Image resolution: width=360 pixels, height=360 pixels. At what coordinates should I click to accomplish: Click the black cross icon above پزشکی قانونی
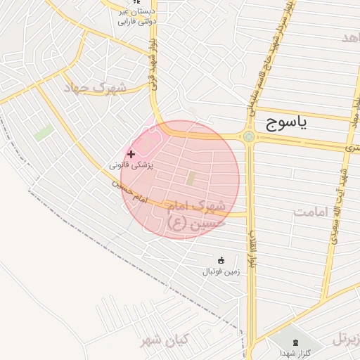131,153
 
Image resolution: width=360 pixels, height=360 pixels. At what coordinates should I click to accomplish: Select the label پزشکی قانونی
131,165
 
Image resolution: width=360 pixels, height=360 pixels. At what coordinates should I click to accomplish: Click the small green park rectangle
44,132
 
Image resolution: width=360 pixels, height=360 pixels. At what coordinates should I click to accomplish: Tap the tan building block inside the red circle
191,179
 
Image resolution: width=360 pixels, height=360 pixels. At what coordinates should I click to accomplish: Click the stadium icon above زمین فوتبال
221,260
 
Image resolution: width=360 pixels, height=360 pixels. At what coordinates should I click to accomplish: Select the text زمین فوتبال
221,271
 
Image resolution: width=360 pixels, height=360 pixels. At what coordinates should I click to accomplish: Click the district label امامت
313,212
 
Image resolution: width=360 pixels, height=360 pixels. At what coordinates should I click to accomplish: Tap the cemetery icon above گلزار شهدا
295,342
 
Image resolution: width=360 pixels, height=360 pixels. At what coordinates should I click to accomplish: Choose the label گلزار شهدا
292,352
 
